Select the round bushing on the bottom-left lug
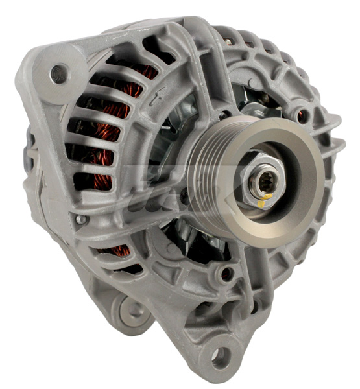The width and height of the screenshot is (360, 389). pyautogui.click(x=133, y=310)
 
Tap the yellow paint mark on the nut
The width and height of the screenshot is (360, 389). pyautogui.click(x=261, y=203)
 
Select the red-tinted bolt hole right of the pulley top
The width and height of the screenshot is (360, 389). pyautogui.click(x=300, y=117)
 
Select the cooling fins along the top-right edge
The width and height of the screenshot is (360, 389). pyautogui.click(x=272, y=45)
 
